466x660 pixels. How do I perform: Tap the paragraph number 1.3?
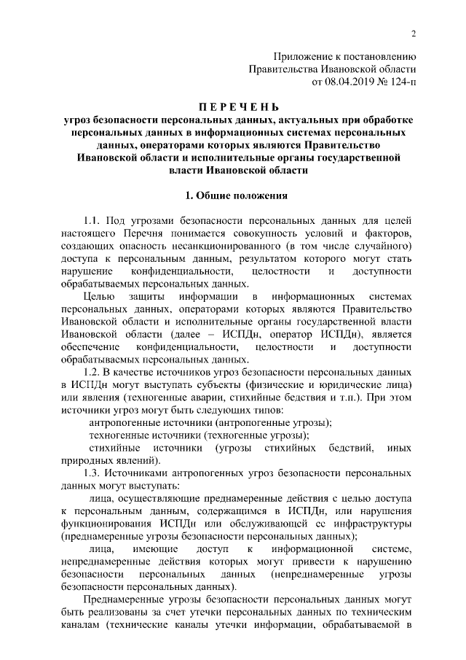tap(97, 475)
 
